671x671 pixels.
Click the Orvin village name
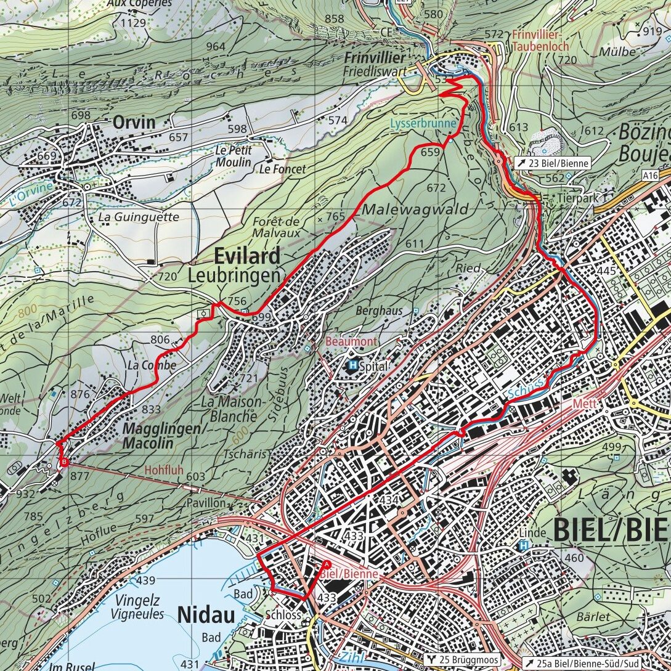(134, 122)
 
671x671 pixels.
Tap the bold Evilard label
(247, 256)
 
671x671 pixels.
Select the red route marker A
(326, 564)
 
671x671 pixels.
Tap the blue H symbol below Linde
(524, 545)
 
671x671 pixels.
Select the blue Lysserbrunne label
(423, 123)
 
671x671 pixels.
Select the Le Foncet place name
(283, 168)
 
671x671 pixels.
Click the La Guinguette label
(139, 217)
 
